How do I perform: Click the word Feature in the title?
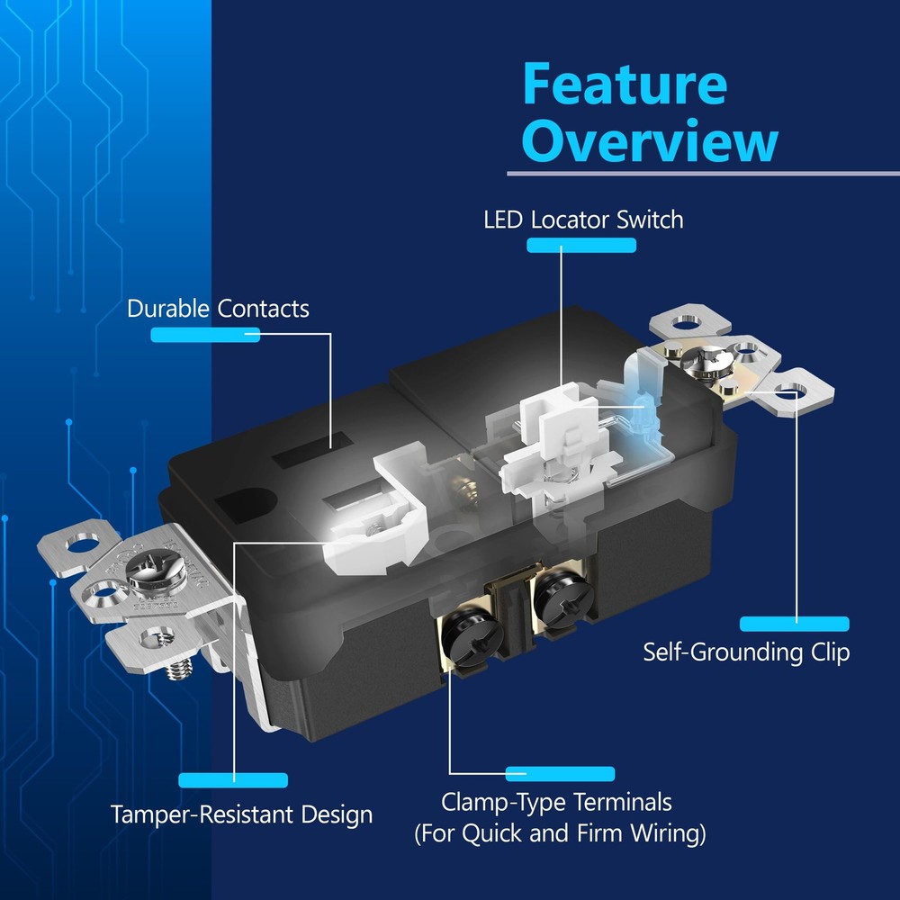click(x=624, y=85)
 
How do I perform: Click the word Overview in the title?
click(x=649, y=141)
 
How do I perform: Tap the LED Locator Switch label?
click(x=583, y=220)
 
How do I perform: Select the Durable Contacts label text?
click(x=218, y=309)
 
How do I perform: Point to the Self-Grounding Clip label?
click(x=745, y=652)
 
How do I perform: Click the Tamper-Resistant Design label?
click(x=241, y=815)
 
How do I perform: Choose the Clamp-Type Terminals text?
click(x=556, y=801)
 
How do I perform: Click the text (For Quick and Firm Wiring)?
click(x=560, y=833)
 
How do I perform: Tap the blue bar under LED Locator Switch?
click(x=580, y=246)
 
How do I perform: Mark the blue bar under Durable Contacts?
click(x=205, y=335)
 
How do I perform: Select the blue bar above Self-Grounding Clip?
click(x=794, y=624)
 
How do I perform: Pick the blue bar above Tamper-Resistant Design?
click(x=233, y=780)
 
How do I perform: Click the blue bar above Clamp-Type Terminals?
click(x=560, y=774)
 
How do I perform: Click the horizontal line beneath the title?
click(x=702, y=173)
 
